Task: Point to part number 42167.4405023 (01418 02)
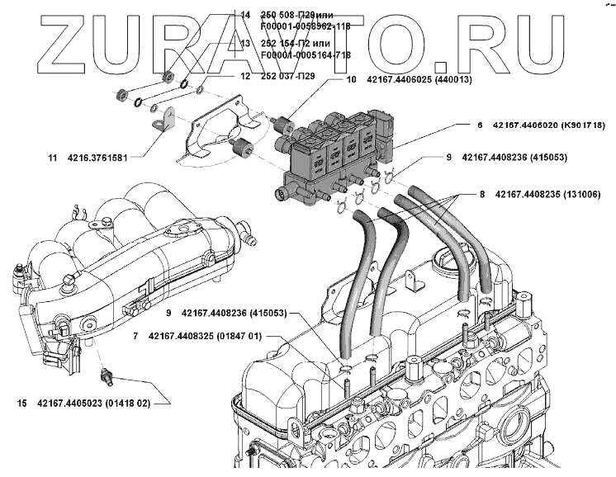pyautogui.click(x=93, y=404)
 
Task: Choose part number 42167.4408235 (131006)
pyautogui.click(x=552, y=194)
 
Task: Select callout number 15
pyautogui.click(x=21, y=404)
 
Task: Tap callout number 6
pyautogui.click(x=479, y=125)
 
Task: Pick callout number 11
pyautogui.click(x=52, y=157)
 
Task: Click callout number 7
pyautogui.click(x=135, y=337)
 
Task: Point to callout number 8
pyautogui.click(x=482, y=194)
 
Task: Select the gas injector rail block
pyautogui.click(x=330, y=157)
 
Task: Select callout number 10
pyautogui.click(x=351, y=81)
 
